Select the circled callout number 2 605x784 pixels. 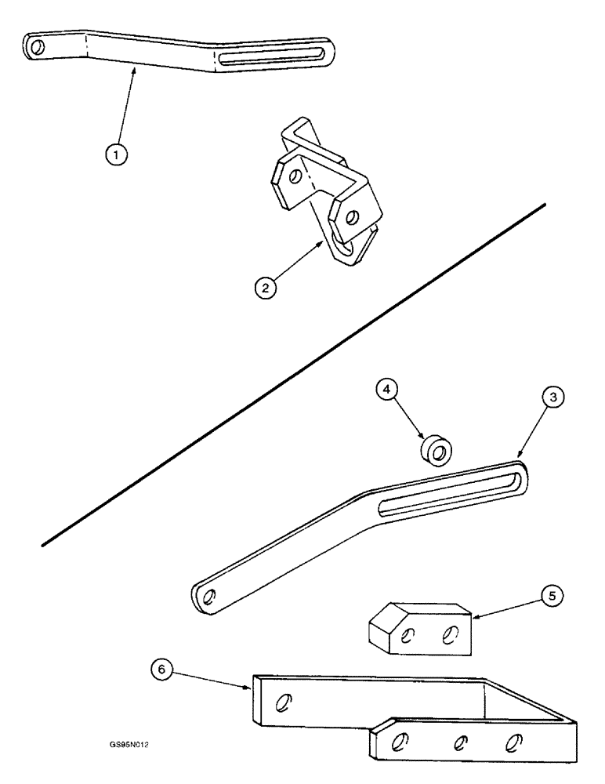coord(268,288)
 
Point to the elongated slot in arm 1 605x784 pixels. coord(273,57)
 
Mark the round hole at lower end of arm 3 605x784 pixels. coord(208,599)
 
